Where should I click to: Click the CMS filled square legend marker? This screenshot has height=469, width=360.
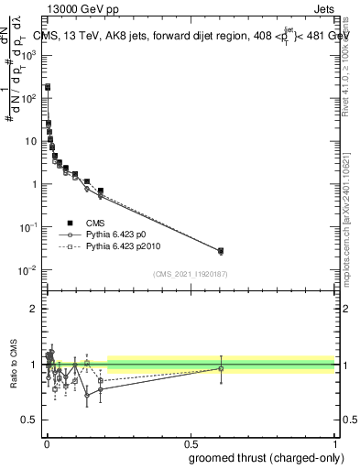pyautogui.click(x=70, y=222)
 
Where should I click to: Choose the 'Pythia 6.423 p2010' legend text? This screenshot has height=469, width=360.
pyautogui.click(x=124, y=247)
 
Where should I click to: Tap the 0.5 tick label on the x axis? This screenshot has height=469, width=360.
pyautogui.click(x=191, y=442)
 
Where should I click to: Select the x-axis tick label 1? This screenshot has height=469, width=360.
pyautogui.click(x=334, y=442)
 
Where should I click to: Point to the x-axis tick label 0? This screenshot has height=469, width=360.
pyautogui.click(x=47, y=442)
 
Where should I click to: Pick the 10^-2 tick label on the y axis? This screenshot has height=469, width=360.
pyautogui.click(x=29, y=269)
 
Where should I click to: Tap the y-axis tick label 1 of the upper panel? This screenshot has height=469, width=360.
pyautogui.click(x=36, y=184)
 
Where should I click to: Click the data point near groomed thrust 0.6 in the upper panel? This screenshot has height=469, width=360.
pyautogui.click(x=220, y=251)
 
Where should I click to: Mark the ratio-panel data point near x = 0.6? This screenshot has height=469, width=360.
pyautogui.click(x=220, y=368)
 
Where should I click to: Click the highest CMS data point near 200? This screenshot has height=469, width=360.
pyautogui.click(x=48, y=87)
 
